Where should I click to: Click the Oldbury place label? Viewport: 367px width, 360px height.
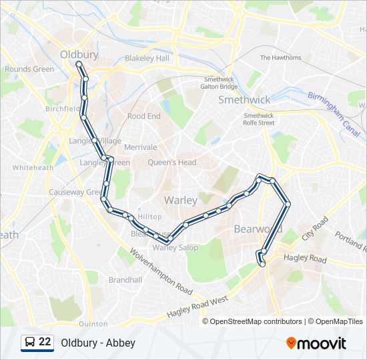pos(79,54)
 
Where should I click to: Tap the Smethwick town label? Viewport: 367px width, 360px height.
pos(245,100)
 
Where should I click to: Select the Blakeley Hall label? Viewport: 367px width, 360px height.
pos(147,58)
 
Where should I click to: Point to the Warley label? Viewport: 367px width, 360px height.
pos(180,200)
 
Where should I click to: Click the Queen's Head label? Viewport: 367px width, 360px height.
pos(172,162)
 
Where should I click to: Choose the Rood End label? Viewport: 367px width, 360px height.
pos(144,116)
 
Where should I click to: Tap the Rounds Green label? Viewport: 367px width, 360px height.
pos(29,69)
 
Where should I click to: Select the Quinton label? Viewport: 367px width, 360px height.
pos(93,324)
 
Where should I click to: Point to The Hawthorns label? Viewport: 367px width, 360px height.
pos(280,58)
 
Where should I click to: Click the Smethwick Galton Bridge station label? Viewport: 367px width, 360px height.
pos(220,83)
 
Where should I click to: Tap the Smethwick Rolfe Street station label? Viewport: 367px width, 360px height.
pos(259,119)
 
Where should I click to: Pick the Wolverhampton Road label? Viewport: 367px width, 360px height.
pos(161,272)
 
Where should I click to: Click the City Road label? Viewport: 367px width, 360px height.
pos(316,228)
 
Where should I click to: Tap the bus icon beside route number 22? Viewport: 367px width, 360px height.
pos(29,342)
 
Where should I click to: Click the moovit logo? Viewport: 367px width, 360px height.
pos(316,343)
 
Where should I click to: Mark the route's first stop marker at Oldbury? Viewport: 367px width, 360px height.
pos(79,64)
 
